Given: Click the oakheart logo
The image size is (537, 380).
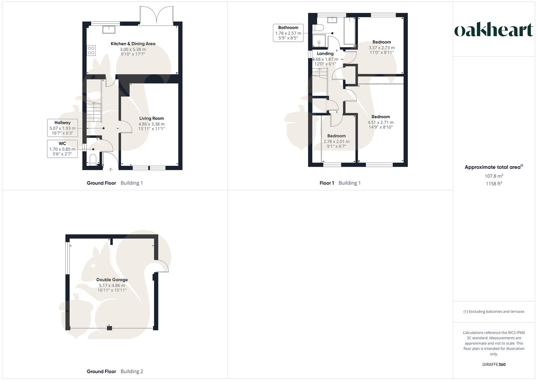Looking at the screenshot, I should (x=494, y=30).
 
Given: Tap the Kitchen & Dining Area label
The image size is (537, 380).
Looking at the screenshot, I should (x=133, y=44).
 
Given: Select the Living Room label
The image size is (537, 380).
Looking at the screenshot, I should (x=151, y=118).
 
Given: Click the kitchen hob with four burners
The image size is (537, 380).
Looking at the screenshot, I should (x=91, y=50).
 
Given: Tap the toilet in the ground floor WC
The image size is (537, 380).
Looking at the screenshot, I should (x=93, y=160).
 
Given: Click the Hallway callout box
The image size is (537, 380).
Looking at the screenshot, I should (x=63, y=128).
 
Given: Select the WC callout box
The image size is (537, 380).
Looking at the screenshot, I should (x=63, y=149).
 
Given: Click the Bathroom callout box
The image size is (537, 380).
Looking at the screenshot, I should (x=288, y=33).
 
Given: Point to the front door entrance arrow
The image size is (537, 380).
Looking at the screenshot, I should (x=110, y=170).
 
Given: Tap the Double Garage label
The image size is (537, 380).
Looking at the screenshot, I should (x=112, y=280).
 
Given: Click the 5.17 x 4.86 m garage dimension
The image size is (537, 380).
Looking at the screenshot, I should (x=112, y=285).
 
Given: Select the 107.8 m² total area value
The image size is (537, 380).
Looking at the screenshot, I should (x=494, y=176).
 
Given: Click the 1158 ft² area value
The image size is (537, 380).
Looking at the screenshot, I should (x=494, y=184).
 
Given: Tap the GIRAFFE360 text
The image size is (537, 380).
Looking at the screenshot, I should (x=494, y=365).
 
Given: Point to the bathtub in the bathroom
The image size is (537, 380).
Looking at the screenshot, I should (x=350, y=31).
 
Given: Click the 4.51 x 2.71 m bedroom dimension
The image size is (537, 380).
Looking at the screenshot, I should (x=381, y=122).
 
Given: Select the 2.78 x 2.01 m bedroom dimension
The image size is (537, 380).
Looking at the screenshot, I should (x=337, y=141).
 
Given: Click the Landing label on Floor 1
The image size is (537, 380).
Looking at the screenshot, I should (x=325, y=53).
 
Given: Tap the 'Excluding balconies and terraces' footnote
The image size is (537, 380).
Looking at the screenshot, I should (x=494, y=311).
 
